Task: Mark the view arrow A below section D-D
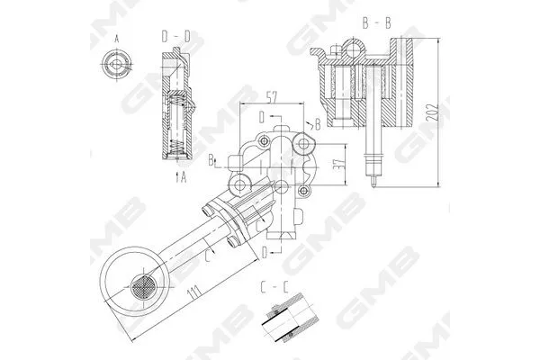pos(180,176)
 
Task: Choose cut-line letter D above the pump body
pos(261,118)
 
